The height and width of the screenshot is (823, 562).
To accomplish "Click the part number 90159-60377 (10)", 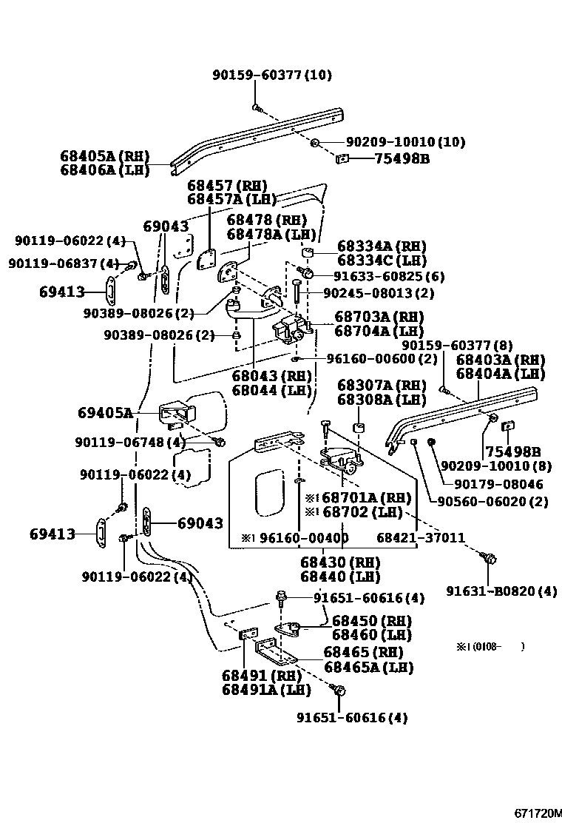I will click(272, 75).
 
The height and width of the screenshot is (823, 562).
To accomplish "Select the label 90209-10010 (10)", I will click(405, 142).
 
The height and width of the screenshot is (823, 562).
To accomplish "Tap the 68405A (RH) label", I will click(105, 156).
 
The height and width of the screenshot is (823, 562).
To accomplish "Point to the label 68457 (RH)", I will click(227, 185).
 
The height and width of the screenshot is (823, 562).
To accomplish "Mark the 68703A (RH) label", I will click(379, 316).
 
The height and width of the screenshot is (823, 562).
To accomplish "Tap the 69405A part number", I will click(105, 412).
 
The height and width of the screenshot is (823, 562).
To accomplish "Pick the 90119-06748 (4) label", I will click(129, 442).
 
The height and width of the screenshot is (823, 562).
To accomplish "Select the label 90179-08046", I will click(498, 484).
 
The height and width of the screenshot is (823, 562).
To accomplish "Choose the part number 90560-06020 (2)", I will click(492, 501).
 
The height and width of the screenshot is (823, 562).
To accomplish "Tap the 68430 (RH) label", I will click(340, 562).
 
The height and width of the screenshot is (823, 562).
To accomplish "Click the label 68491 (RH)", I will click(255, 675).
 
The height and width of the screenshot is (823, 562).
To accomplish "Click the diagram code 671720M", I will click(538, 813).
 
